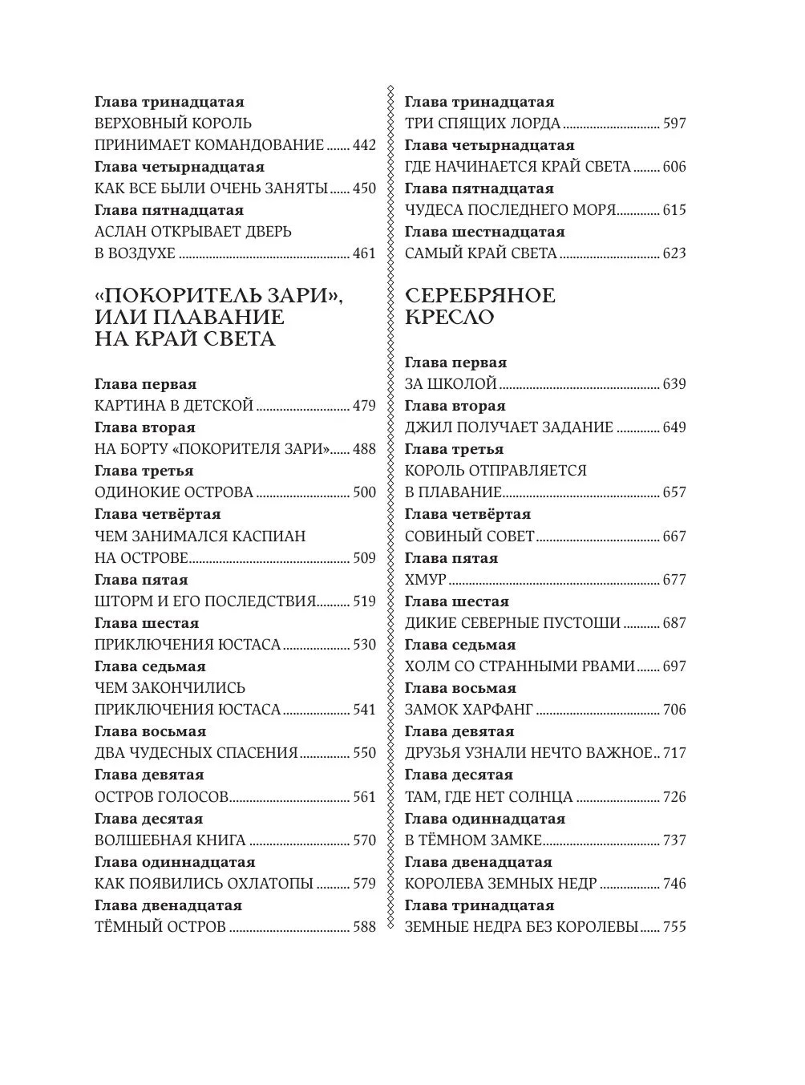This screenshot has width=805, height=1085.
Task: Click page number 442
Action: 363,145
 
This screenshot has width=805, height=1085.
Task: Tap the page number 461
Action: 363,253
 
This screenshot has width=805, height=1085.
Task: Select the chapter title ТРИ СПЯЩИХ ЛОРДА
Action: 483,123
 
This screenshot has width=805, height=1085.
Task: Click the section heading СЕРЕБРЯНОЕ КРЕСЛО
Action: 479,306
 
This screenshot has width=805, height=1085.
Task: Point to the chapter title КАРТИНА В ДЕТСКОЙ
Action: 174,406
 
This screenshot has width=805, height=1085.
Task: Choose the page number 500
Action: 363,492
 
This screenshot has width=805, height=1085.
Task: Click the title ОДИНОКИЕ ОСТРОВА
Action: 174,492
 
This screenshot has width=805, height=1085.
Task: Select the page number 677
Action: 674,580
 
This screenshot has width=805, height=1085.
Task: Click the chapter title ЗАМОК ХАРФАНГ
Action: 469,710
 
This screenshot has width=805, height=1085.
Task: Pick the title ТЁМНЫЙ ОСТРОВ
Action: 160,927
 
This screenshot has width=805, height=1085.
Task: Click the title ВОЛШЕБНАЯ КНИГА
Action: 170,840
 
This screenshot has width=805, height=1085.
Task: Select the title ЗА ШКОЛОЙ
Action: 451,384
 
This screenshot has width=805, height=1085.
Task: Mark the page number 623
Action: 674,253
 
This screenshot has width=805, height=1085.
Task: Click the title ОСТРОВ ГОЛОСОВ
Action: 162,797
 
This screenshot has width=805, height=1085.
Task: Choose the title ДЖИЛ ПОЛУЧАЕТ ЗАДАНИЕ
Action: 509,427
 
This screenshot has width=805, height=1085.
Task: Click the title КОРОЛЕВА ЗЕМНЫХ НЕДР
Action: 501,884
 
